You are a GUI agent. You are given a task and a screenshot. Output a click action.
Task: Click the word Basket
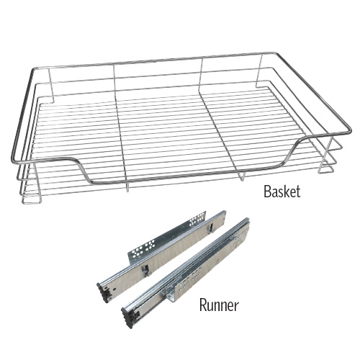tap(282, 192)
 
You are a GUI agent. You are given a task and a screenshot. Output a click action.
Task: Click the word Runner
tap(219, 305)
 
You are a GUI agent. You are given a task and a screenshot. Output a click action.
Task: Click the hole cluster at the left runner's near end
tap(142, 250)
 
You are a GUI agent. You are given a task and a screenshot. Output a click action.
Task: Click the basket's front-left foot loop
tap(31, 199)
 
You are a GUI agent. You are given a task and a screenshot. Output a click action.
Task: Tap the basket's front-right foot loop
tap(326, 169)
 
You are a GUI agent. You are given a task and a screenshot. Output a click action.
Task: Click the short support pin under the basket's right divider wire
tap(243, 176)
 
